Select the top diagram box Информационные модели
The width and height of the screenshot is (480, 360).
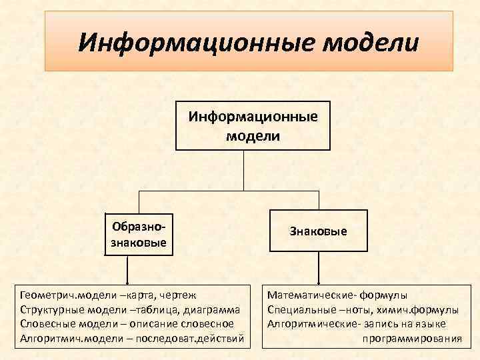[253, 125]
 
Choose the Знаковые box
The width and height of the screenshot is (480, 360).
[318, 231]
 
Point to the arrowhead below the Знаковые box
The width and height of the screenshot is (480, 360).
[319, 280]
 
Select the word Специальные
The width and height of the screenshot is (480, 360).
[300, 309]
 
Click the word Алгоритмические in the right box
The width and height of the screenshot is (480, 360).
[310, 324]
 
